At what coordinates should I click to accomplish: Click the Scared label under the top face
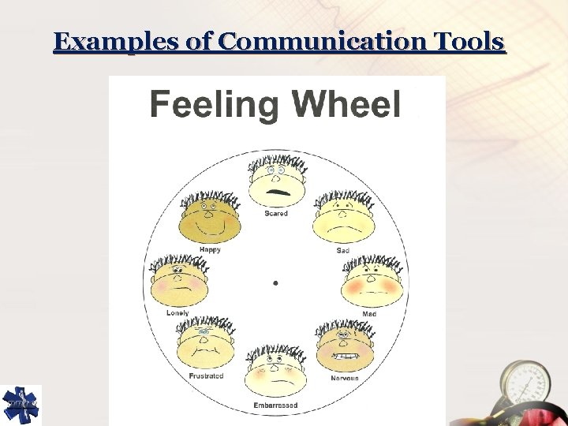[276, 213]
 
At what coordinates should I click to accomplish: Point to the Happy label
[210, 249]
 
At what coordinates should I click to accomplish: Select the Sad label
[342, 250]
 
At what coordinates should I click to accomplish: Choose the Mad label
[369, 314]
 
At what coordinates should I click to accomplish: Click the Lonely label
[177, 313]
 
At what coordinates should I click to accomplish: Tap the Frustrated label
[206, 376]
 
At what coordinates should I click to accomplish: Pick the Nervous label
[345, 378]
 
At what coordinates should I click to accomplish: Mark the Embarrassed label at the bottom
[275, 406]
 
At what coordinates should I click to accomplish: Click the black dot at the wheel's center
[275, 282]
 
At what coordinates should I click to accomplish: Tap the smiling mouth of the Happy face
[209, 230]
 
